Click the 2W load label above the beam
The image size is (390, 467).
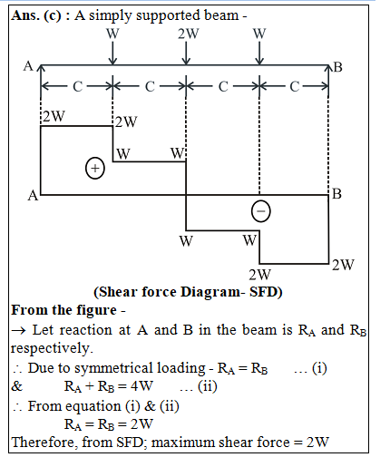point(188,34)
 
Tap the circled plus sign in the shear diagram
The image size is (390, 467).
point(95,168)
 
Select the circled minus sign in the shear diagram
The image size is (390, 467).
point(261,211)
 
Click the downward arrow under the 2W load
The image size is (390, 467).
point(187,53)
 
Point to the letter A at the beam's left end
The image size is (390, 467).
point(28,66)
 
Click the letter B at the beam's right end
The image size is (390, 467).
point(337,67)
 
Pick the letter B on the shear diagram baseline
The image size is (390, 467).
point(336,194)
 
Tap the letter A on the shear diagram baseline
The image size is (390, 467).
point(33,195)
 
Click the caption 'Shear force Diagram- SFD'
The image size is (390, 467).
point(188,292)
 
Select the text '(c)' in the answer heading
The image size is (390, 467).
point(53,15)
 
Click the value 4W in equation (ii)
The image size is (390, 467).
point(141,386)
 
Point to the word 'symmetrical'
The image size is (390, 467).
point(113,369)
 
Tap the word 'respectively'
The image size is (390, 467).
point(51,348)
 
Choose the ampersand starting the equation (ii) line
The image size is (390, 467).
point(17,386)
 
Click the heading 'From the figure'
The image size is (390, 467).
point(63,310)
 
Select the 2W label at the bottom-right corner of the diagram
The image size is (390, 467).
point(343,265)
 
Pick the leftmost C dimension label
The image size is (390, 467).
point(77,87)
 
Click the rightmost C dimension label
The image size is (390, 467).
point(295,87)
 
